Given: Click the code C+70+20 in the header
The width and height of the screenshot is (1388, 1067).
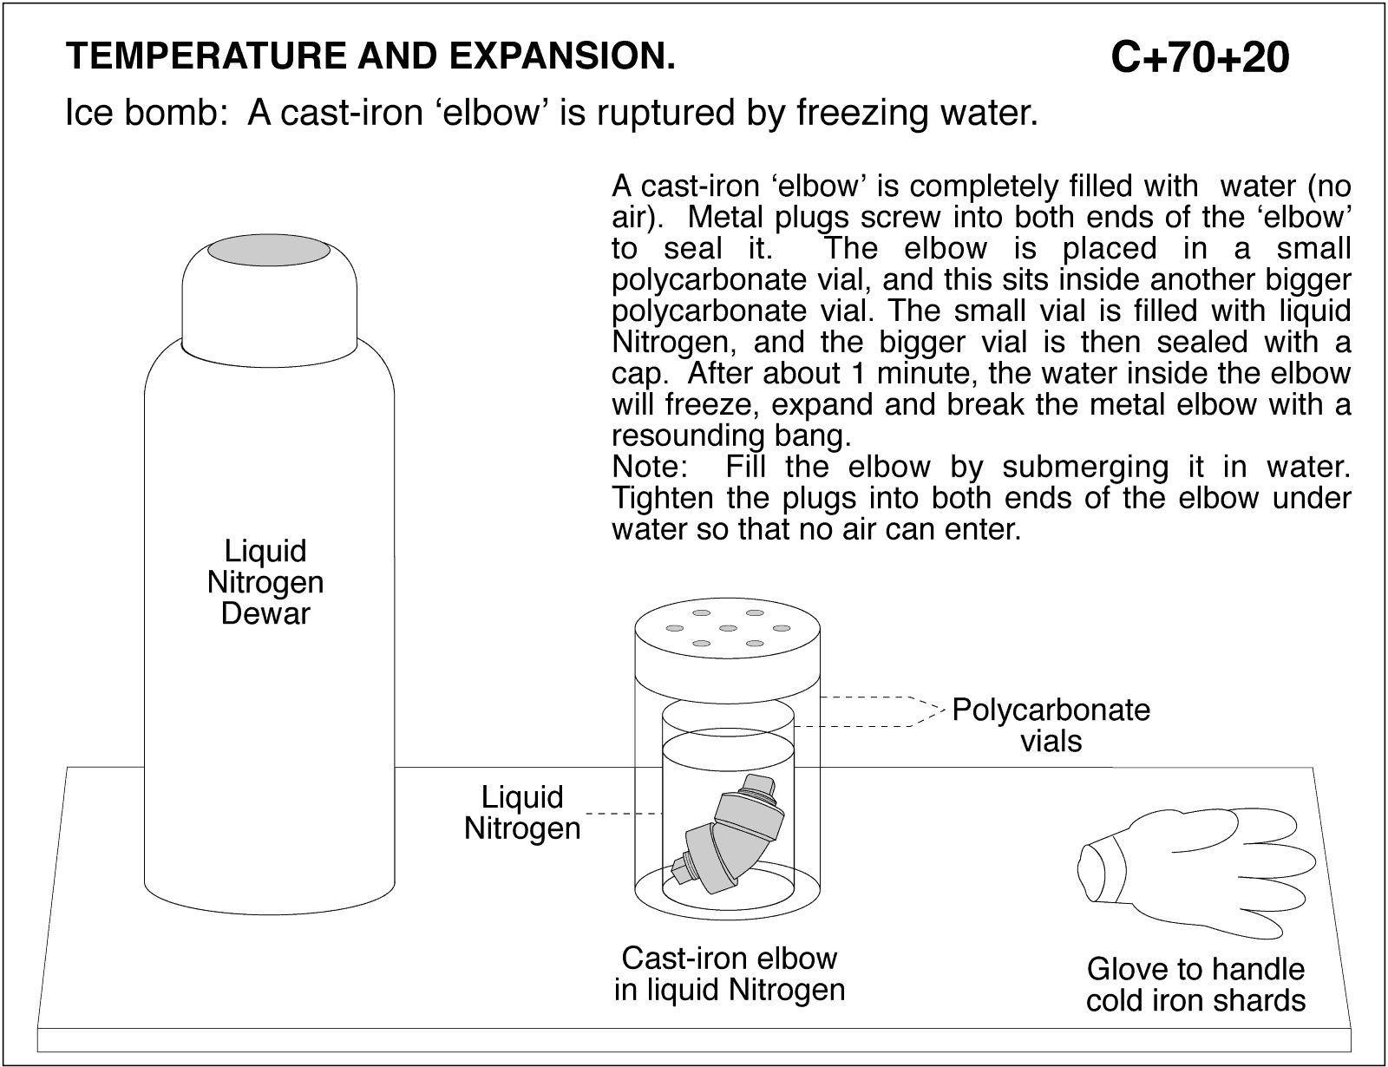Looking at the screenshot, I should pyautogui.click(x=1200, y=58).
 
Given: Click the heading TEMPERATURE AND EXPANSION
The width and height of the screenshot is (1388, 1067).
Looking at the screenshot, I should pyautogui.click(x=370, y=56).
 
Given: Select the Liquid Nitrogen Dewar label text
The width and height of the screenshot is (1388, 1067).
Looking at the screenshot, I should pyautogui.click(x=265, y=582).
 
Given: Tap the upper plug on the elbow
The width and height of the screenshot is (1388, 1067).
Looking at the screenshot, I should pyautogui.click(x=761, y=787).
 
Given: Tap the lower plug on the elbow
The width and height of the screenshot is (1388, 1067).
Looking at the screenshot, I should pyautogui.click(x=682, y=867).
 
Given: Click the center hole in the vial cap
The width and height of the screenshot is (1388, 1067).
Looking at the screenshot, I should pyautogui.click(x=728, y=628).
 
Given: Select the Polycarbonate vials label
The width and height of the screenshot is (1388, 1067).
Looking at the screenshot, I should pyautogui.click(x=1051, y=725).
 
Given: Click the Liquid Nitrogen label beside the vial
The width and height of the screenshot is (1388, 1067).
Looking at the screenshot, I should pyautogui.click(x=522, y=812).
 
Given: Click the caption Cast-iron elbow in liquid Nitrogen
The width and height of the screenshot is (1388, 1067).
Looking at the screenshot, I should pyautogui.click(x=729, y=973).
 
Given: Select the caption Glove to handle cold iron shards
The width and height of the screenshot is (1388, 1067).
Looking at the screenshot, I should pyautogui.click(x=1195, y=984).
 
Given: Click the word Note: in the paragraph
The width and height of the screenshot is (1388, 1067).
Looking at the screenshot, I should pyautogui.click(x=650, y=468).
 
